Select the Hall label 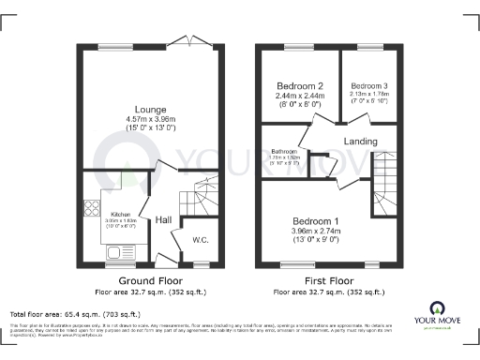click(x=163, y=219)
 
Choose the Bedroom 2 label click(x=300, y=85)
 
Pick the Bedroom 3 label click(x=369, y=85)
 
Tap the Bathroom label click(x=285, y=151)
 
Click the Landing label click(x=361, y=142)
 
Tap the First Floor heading click(x=328, y=280)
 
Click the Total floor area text click(x=75, y=313)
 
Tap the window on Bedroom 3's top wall click(x=369, y=46)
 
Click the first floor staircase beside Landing click(x=385, y=183)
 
